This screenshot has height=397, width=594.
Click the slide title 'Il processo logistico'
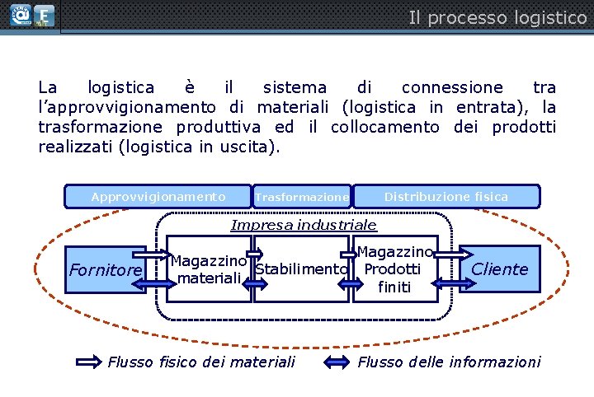(x=497, y=17)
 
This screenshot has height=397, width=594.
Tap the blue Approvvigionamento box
(x=158, y=197)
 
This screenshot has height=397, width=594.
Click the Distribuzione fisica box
(x=446, y=197)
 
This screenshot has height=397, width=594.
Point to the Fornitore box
(x=106, y=269)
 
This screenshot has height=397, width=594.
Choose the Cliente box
(x=499, y=269)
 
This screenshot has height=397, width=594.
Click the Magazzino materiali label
(x=209, y=269)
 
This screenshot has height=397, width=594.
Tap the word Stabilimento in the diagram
(x=301, y=269)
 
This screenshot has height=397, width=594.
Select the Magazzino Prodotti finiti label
(x=394, y=269)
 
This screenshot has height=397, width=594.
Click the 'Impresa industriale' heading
(x=304, y=225)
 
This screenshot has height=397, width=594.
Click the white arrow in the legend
(x=89, y=362)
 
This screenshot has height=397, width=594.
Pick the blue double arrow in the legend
(x=338, y=362)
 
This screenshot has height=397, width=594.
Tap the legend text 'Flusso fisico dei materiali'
(x=201, y=362)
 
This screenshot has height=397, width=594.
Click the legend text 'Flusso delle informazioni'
(x=449, y=362)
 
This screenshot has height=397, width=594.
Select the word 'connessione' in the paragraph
(x=451, y=87)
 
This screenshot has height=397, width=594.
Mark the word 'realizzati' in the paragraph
(x=75, y=147)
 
